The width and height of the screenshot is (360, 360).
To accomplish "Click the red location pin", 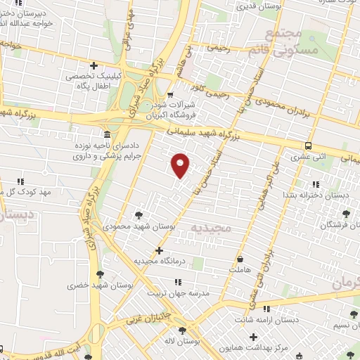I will [x=181, y=165].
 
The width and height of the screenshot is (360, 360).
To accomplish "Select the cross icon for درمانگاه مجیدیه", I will [x=160, y=250].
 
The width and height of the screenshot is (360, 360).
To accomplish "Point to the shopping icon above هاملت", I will [x=241, y=257].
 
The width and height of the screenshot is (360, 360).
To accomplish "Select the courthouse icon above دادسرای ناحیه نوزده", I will [x=106, y=134].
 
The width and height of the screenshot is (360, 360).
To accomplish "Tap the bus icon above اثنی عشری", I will [x=308, y=146].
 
